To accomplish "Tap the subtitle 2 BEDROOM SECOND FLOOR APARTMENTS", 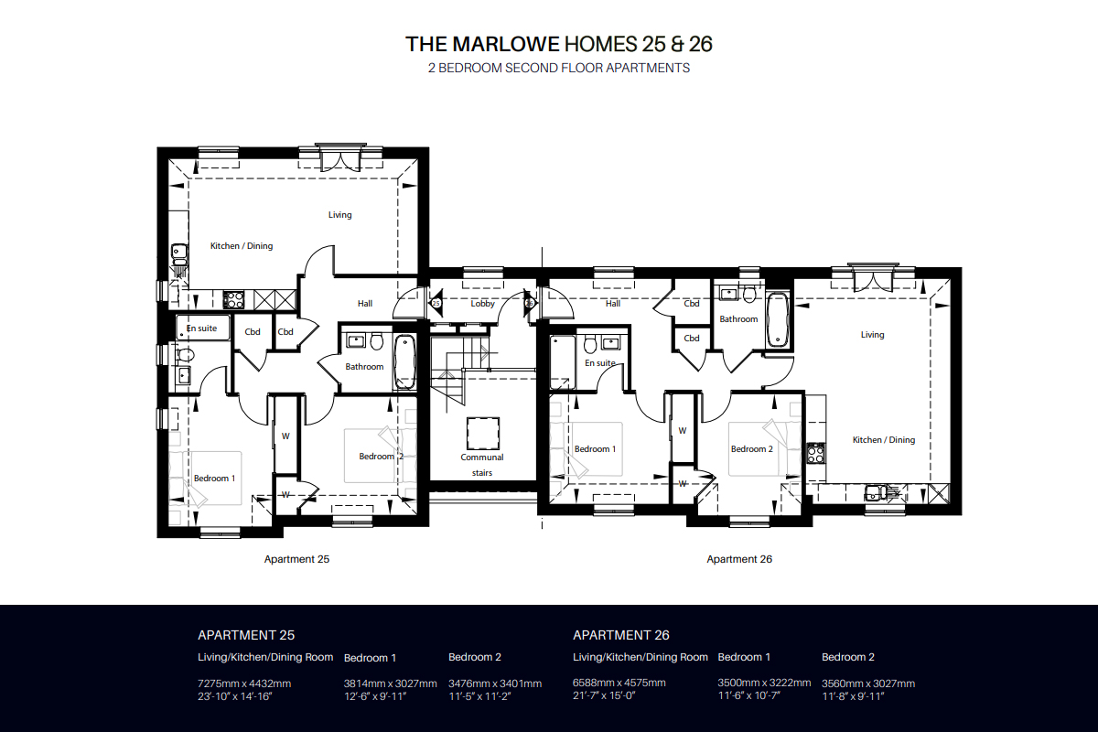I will point(558,68).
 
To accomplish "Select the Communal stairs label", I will point(482,465).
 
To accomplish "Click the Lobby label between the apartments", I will point(482,304).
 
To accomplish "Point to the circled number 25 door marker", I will point(436,303).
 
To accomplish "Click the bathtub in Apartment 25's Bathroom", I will point(404,361).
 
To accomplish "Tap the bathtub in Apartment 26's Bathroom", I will point(777,320).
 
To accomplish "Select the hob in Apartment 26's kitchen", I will point(815,451).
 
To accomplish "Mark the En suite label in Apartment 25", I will point(201,328).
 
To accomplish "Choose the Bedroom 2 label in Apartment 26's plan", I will point(751,449).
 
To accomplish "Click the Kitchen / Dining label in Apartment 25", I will point(242,246).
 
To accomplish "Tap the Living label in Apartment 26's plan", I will point(872,335).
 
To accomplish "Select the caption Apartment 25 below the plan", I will point(296,559).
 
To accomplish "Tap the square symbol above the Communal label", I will point(482,430).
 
